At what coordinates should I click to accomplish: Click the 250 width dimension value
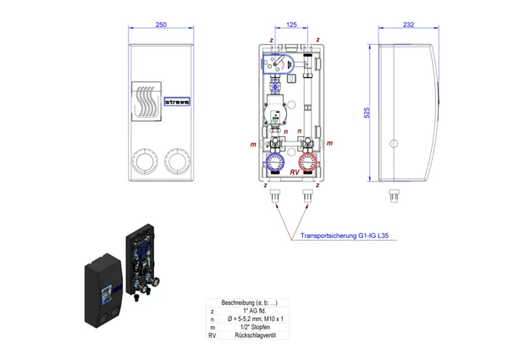point(160,26)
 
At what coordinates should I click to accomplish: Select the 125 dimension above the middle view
point(290,26)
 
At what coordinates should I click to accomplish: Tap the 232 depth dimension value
point(407,26)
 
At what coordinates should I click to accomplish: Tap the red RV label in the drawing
point(294,172)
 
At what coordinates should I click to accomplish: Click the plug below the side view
point(393,195)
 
